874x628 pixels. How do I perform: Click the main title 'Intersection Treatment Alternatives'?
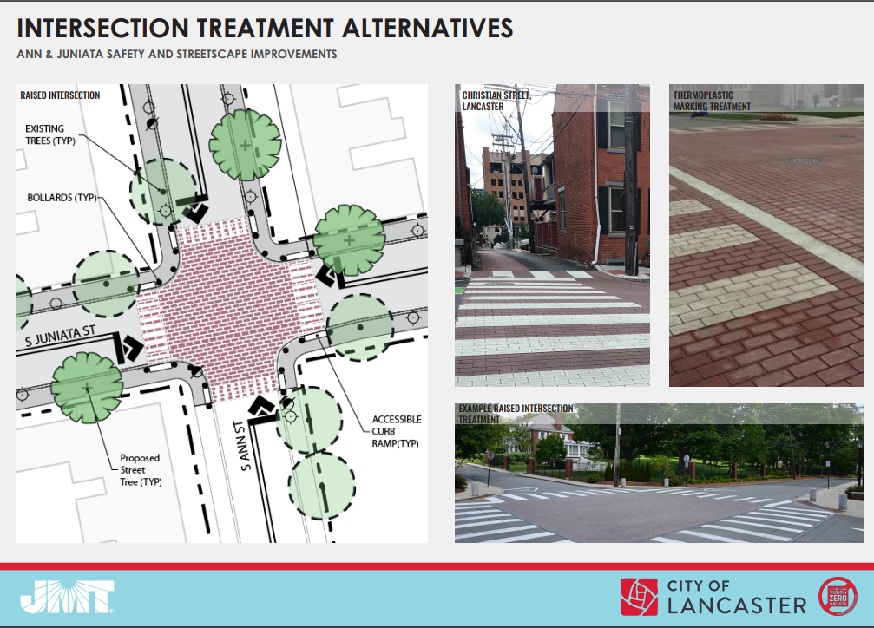pyautogui.click(x=265, y=28)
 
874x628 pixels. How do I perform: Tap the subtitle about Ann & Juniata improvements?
pyautogui.click(x=177, y=54)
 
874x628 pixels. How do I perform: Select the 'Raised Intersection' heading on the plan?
pyautogui.click(x=60, y=95)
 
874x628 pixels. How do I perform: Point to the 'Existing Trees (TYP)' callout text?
pyautogui.click(x=50, y=134)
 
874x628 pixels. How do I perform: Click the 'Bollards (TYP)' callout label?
pyautogui.click(x=62, y=198)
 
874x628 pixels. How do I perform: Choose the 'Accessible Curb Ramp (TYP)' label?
pyautogui.click(x=397, y=431)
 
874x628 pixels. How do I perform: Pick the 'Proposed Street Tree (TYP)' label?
pyautogui.click(x=141, y=470)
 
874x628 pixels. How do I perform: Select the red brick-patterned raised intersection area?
pyautogui.click(x=230, y=310)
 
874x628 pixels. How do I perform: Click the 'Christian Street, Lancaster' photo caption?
pyautogui.click(x=496, y=101)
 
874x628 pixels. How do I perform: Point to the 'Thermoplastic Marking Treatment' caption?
pyautogui.click(x=712, y=101)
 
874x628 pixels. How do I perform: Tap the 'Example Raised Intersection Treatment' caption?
pyautogui.click(x=516, y=414)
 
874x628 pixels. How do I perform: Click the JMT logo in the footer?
pyautogui.click(x=67, y=597)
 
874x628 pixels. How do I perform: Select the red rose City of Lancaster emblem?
pyautogui.click(x=640, y=597)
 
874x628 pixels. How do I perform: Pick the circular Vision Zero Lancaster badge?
pyautogui.click(x=838, y=597)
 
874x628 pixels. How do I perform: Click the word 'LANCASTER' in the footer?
pyautogui.click(x=737, y=605)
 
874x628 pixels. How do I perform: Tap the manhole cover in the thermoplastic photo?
pyautogui.click(x=805, y=161)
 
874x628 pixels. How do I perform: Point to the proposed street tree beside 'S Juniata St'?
pyautogui.click(x=87, y=387)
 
